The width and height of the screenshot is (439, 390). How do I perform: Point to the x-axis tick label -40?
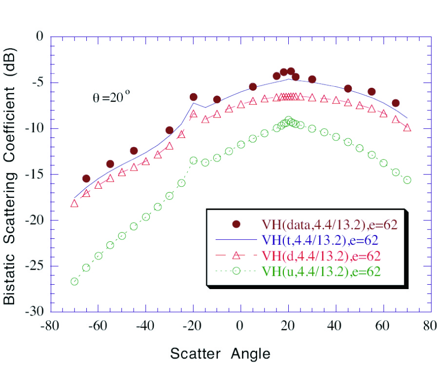(x=144, y=326)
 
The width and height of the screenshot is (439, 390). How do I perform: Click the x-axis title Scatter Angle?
(x=220, y=354)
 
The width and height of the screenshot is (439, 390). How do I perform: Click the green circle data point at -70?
(x=74, y=281)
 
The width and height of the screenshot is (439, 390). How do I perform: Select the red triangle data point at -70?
(x=74, y=203)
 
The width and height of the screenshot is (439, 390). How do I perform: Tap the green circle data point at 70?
(x=407, y=180)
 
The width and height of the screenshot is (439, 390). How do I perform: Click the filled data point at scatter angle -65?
(x=86, y=178)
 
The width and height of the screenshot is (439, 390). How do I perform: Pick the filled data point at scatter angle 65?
(x=396, y=103)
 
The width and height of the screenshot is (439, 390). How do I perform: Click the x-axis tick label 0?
(x=239, y=326)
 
